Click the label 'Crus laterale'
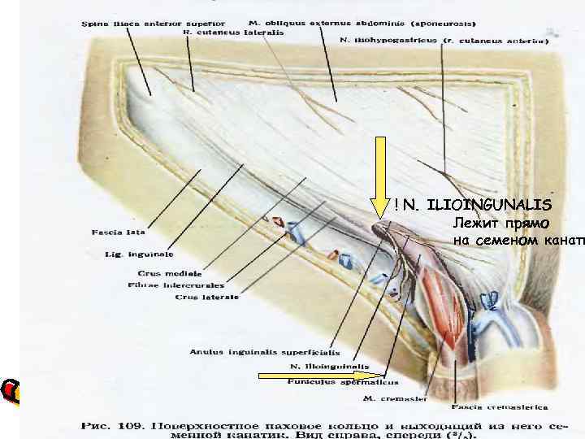206,297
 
